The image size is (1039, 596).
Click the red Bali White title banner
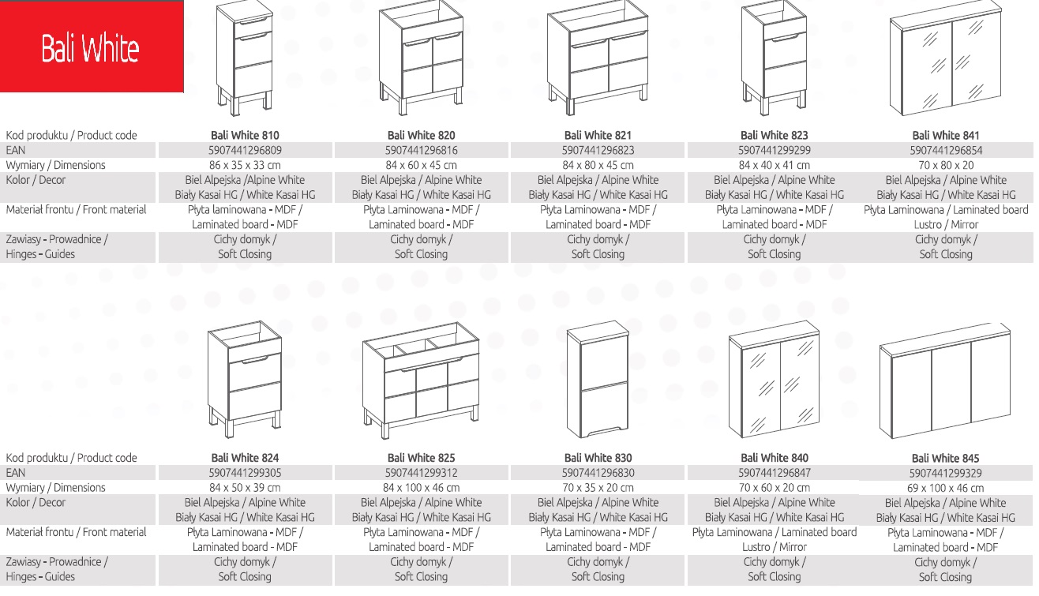(92, 47)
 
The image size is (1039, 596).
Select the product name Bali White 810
(245, 136)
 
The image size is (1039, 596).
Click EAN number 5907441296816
(421, 150)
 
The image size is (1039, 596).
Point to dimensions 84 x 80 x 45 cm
(598, 165)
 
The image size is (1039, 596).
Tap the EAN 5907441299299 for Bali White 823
(775, 150)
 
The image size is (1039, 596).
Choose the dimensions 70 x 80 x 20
(946, 165)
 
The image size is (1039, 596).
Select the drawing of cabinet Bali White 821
(598, 58)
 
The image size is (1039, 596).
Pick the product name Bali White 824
(245, 458)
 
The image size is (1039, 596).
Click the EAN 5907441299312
(421, 473)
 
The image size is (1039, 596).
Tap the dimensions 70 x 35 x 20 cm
(598, 488)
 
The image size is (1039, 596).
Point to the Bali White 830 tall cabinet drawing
(598, 379)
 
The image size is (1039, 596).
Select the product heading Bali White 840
(775, 458)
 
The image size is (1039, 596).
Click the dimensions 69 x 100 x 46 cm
(945, 488)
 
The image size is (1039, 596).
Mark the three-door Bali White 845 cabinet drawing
(945, 380)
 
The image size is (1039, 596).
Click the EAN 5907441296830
(598, 473)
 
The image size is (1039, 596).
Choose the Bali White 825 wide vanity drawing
(421, 380)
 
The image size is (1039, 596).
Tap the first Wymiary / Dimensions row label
(55, 165)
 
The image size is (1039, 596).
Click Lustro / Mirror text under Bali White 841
(946, 224)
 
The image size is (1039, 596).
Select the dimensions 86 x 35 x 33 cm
(245, 165)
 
